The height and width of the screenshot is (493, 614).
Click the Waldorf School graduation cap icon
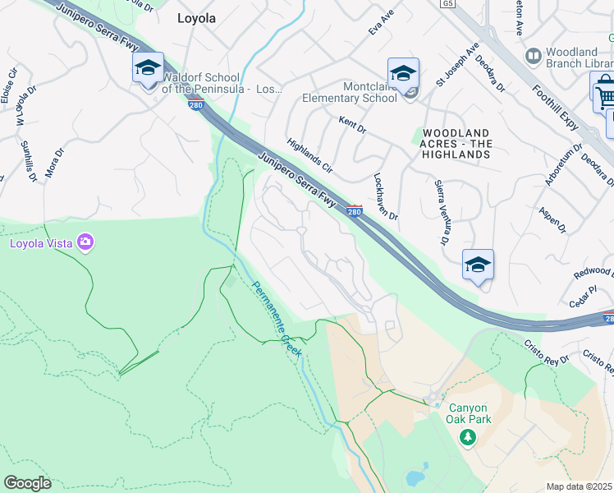click(149, 68)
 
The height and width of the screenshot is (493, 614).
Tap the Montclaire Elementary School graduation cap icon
click(403, 74)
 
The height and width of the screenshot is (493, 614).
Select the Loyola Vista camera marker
click(85, 242)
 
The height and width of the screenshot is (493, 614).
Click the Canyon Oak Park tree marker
click(467, 437)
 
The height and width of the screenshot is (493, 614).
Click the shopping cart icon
click(605, 95)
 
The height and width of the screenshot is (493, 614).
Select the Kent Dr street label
click(352, 121)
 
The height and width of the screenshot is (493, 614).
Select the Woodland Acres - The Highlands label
click(456, 144)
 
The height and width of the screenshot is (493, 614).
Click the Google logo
click(27, 482)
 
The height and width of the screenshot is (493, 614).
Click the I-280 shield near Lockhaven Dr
click(355, 211)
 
